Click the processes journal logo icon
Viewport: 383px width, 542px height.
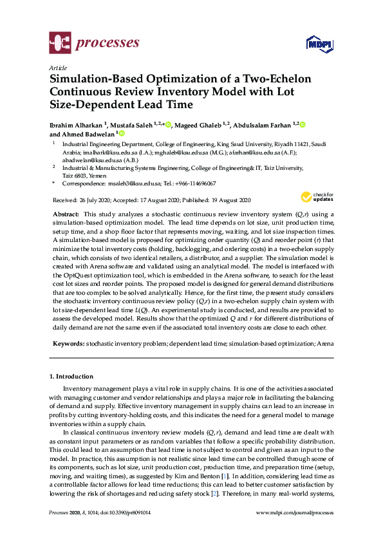pyautogui.click(x=60, y=43)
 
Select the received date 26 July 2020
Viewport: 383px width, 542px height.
pyautogui.click(x=95, y=201)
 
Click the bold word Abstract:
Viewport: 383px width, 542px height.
pyautogui.click(x=66, y=213)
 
